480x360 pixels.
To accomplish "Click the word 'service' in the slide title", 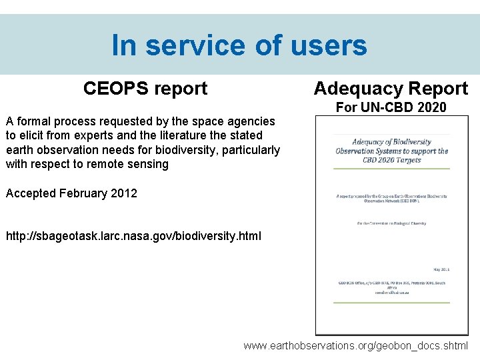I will click(x=199, y=45).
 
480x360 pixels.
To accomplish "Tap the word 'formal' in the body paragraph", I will click(x=35, y=121).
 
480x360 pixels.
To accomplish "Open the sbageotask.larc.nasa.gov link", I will click(x=133, y=237).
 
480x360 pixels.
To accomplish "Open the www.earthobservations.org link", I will click(x=355, y=346).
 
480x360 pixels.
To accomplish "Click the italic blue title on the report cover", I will click(x=391, y=151).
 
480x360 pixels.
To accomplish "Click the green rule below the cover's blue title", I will click(x=391, y=168).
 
